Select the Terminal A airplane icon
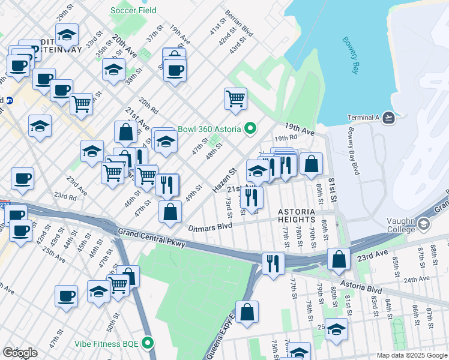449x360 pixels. click(x=389, y=118)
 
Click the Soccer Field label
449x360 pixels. click(x=133, y=10)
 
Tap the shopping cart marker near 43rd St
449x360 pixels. click(x=235, y=98)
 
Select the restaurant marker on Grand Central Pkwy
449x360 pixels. click(x=273, y=262)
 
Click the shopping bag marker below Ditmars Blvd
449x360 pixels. click(x=170, y=211)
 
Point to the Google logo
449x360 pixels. click(x=20, y=353)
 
